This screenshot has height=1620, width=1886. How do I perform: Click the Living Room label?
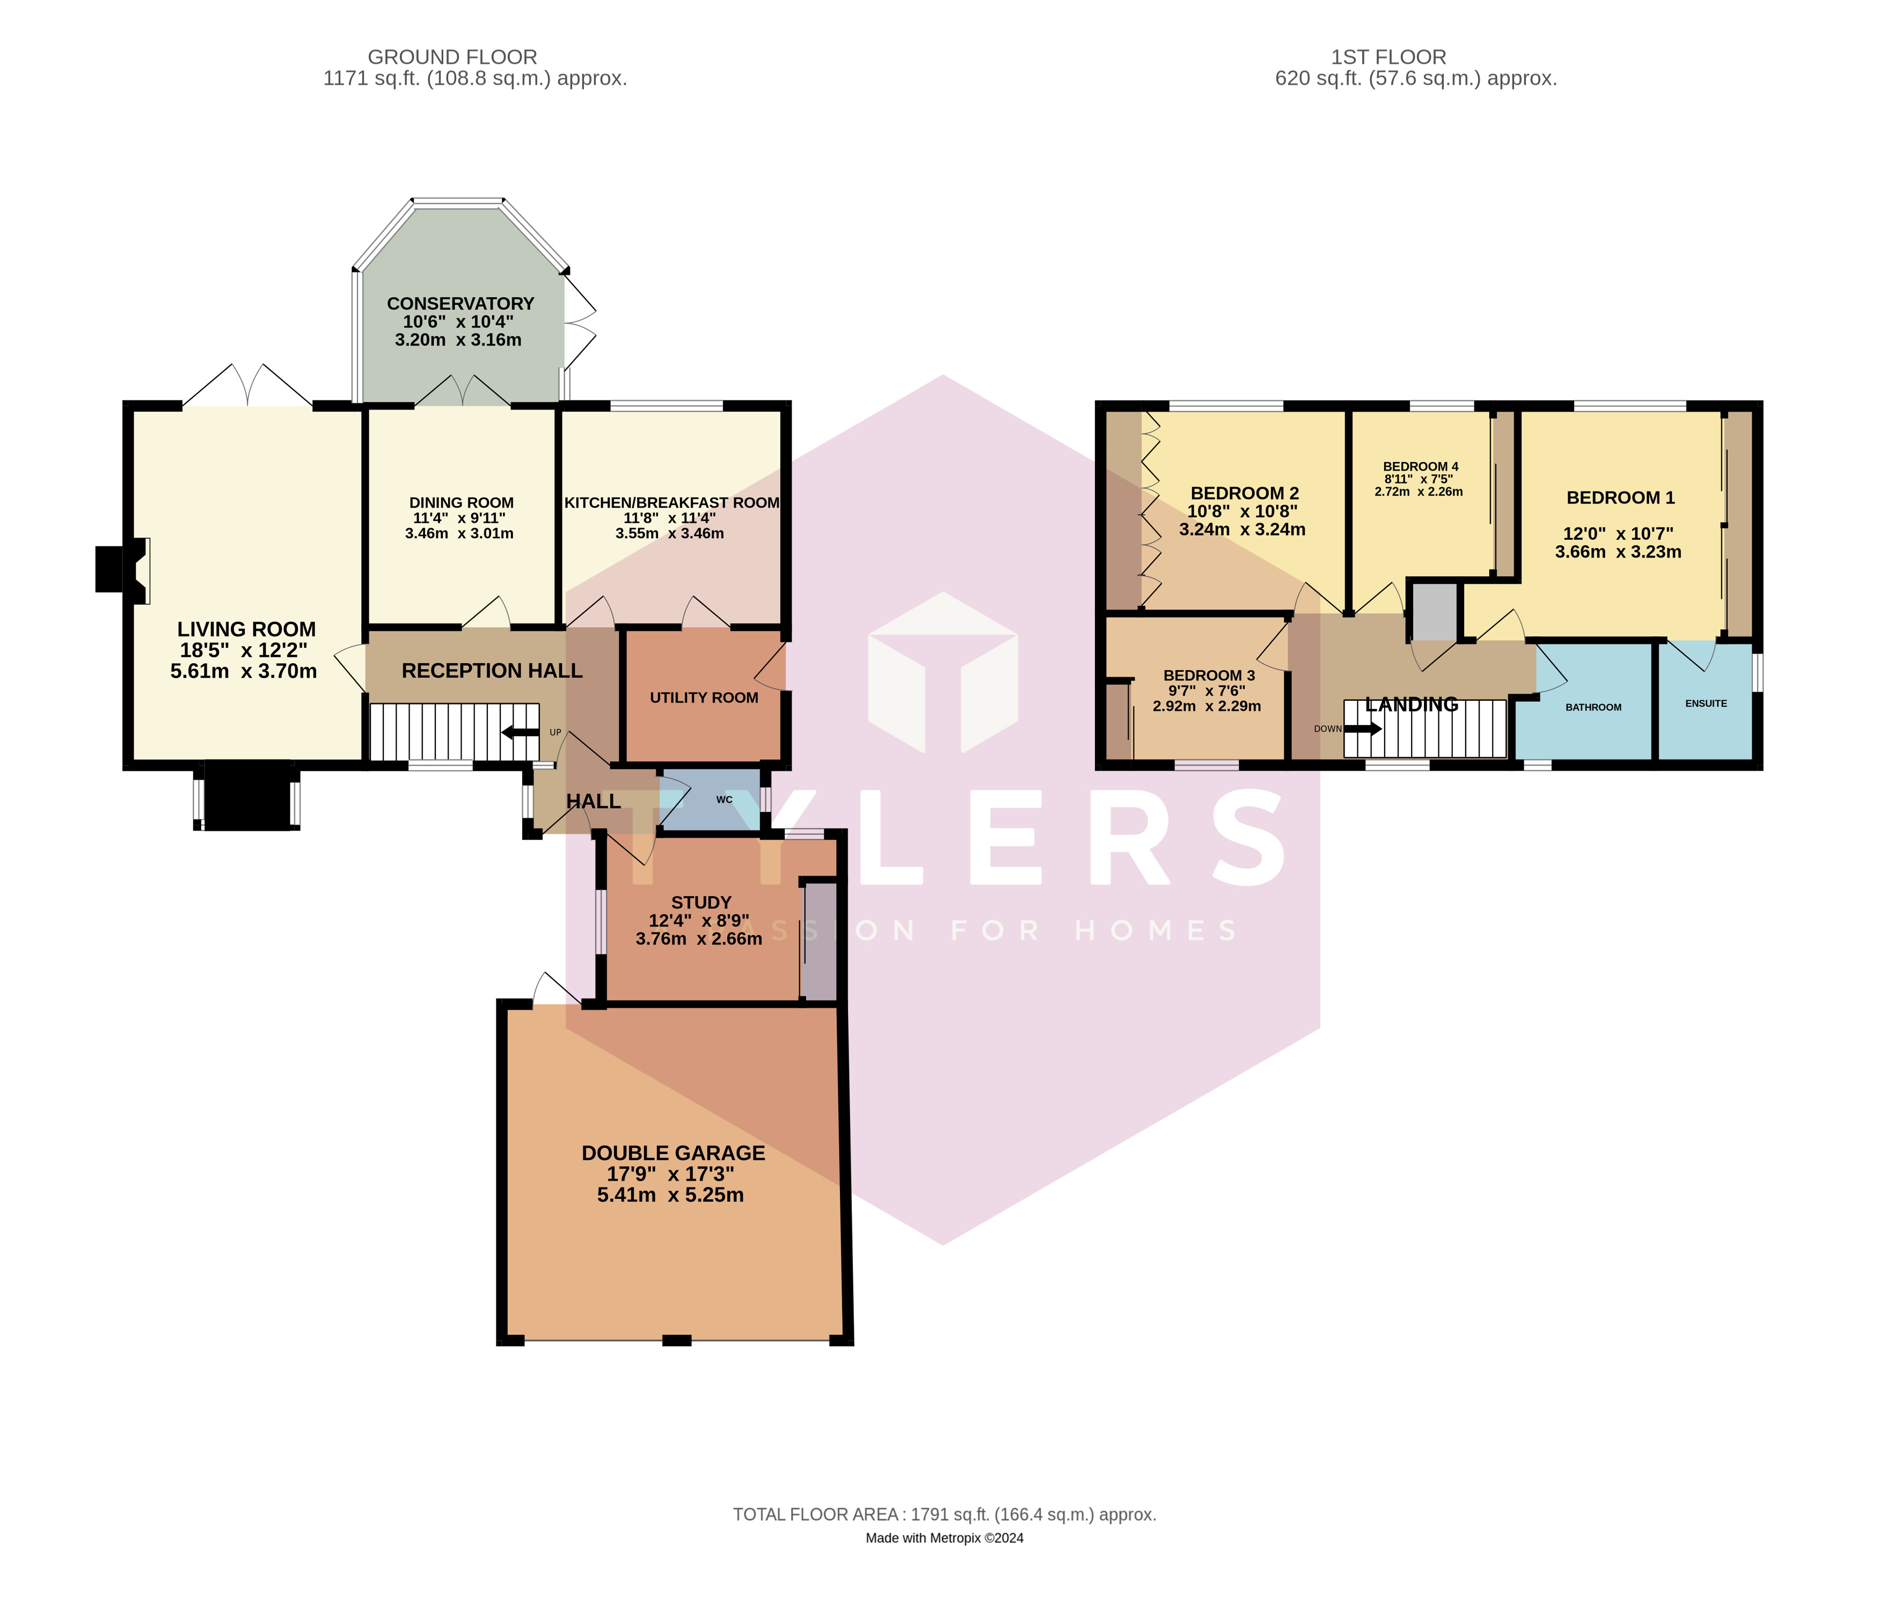coord(247,629)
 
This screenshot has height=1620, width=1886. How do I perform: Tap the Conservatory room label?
coord(460,304)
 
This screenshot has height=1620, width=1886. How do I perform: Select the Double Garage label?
coord(674,1153)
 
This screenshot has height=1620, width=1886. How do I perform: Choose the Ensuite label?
coord(1706,703)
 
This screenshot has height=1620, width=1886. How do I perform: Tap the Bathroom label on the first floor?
coord(1593,707)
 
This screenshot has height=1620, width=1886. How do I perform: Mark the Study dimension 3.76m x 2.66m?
coord(699,939)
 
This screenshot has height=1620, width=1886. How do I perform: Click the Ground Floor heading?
coord(452,57)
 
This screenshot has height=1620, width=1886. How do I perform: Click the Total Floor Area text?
coord(945,1514)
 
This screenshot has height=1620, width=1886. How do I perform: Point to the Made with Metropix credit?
coord(945,1538)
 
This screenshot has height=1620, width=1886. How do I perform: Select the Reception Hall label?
coord(492,671)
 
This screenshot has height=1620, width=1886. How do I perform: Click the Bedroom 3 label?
coord(1209,675)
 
